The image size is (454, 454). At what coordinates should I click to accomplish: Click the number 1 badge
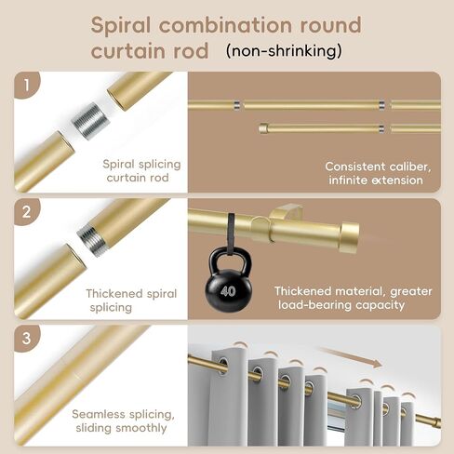[27, 85]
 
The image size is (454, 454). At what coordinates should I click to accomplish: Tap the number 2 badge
[27, 212]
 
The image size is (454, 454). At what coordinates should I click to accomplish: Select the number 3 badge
[27, 338]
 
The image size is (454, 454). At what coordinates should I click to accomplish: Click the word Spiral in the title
[121, 25]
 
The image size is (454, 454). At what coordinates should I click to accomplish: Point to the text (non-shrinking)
[284, 51]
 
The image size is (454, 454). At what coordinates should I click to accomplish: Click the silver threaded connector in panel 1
[91, 121]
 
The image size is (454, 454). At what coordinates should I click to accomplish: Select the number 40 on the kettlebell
[228, 291]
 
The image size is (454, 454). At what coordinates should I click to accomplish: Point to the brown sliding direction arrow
[350, 357]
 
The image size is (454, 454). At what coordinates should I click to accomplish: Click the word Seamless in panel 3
[99, 414]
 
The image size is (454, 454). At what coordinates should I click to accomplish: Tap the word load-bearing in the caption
[314, 305]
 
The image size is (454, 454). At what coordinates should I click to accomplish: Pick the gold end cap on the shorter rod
[263, 128]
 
